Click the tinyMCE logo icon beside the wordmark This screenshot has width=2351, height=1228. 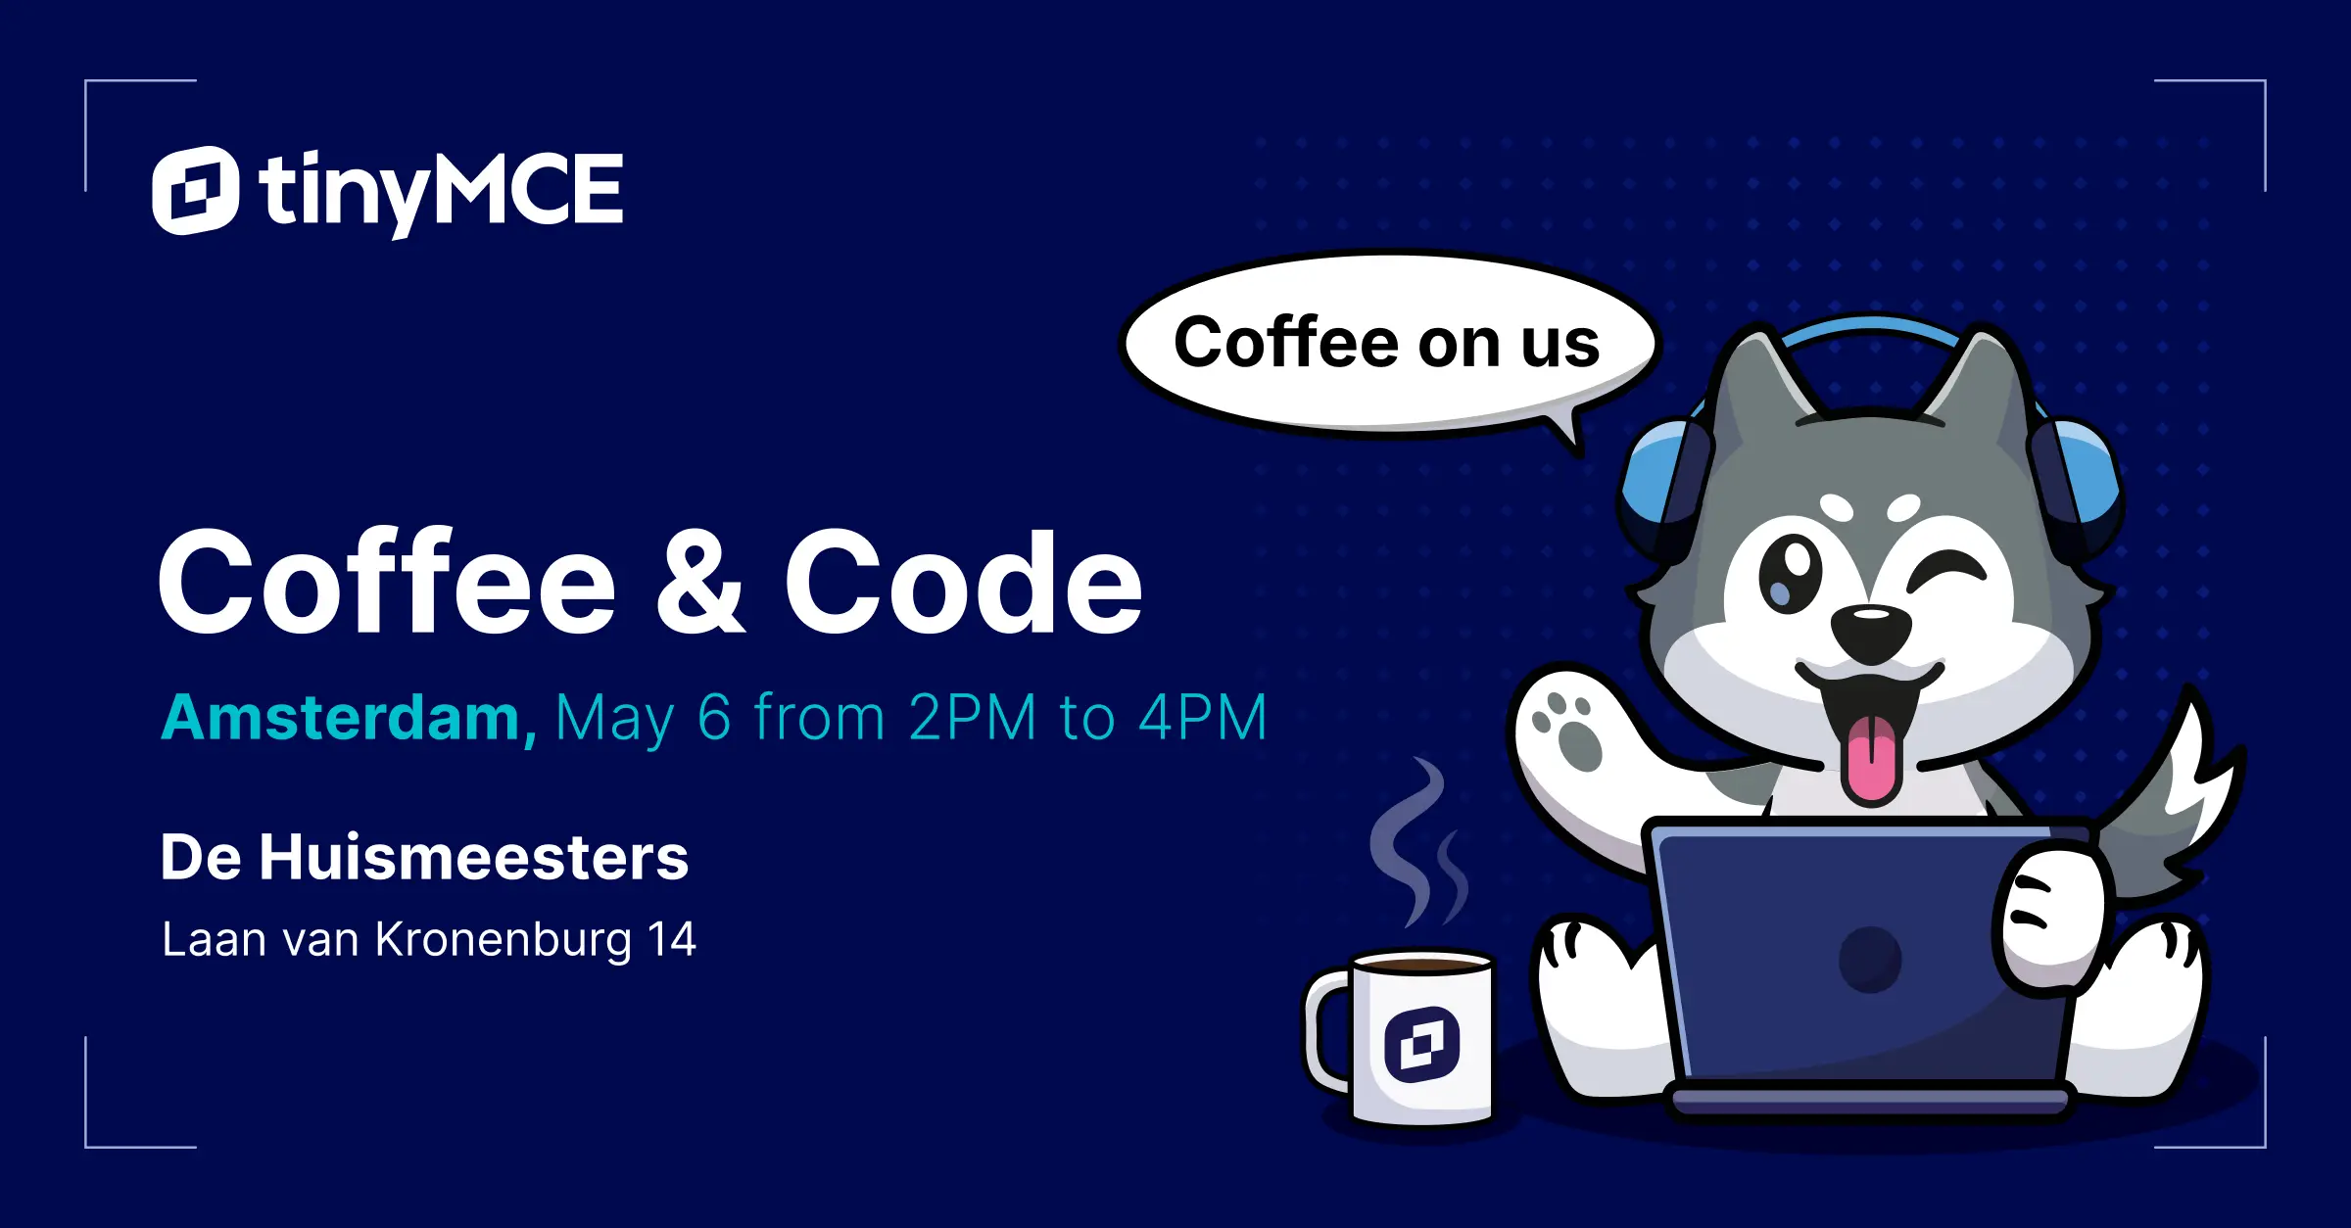point(195,190)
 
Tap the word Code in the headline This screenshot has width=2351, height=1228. point(963,583)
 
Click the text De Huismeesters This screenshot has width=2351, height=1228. point(424,858)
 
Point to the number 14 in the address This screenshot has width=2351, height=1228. point(672,940)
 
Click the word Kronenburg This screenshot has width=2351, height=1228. point(504,940)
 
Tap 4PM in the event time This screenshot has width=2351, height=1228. point(1203,718)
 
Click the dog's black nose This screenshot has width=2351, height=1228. point(1871,629)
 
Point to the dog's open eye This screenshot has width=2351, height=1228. point(1790,575)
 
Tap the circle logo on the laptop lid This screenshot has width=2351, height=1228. point(1869,960)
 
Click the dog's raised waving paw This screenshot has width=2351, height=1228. point(1567,730)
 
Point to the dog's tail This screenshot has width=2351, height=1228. point(2184,793)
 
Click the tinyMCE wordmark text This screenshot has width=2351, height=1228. point(441,192)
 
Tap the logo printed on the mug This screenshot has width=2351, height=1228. point(1422,1044)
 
